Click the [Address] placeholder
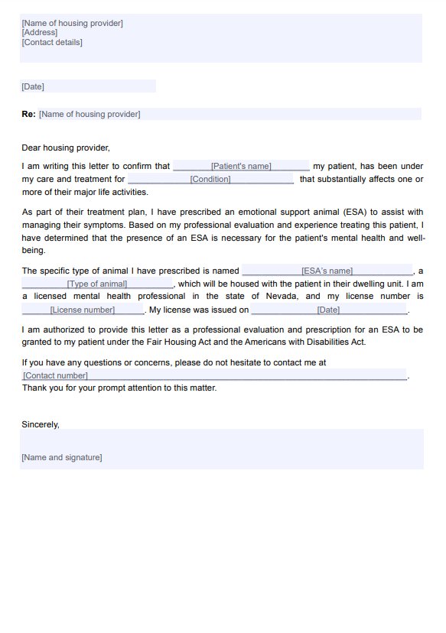click(40, 33)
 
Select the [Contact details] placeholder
click(52, 42)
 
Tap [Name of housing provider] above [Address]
click(73, 23)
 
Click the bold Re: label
click(28, 114)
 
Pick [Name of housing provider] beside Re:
click(90, 114)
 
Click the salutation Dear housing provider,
click(66, 148)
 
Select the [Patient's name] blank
click(241, 166)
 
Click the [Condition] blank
click(210, 179)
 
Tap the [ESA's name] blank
click(327, 271)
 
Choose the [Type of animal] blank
click(97, 284)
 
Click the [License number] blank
click(83, 310)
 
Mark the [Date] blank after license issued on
click(328, 310)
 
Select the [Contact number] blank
click(55, 375)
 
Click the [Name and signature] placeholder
click(62, 457)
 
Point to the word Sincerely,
click(41, 424)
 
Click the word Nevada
click(281, 296)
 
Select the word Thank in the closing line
click(34, 388)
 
